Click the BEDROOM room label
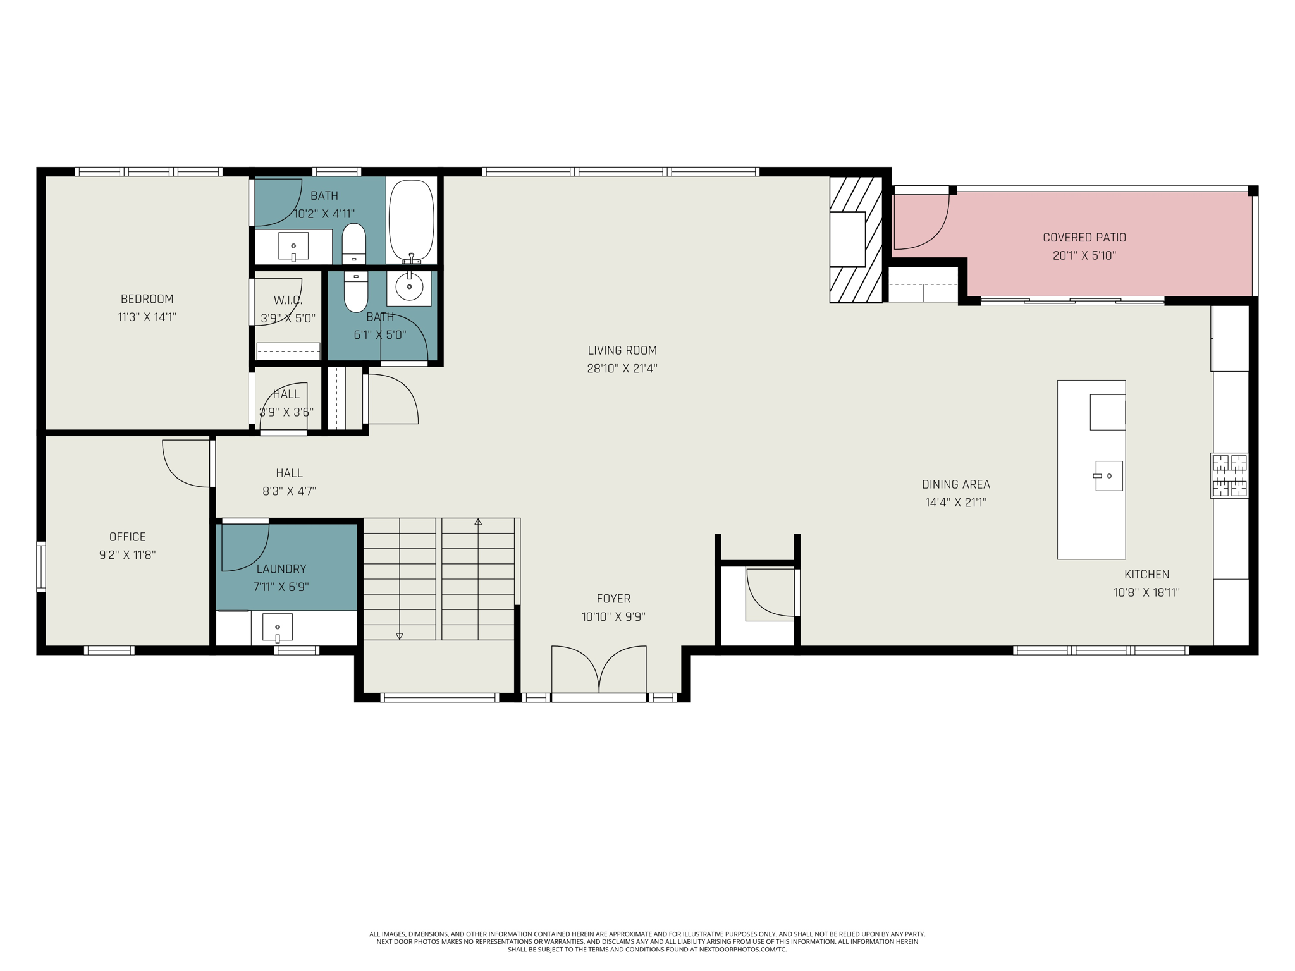pos(147,299)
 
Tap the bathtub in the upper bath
pos(412,221)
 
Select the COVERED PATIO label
pos(1084,238)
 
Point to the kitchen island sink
pos(1108,476)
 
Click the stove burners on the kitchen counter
pos(1229,475)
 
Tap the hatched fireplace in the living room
pos(856,239)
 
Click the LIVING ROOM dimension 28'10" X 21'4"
pos(622,369)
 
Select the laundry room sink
pos(278,628)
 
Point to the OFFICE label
pos(128,537)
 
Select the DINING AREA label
pos(956,485)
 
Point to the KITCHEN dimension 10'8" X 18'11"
pos(1146,593)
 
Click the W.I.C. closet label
pos(288,300)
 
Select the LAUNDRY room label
pos(281,569)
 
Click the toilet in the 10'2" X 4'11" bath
pos(354,244)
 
